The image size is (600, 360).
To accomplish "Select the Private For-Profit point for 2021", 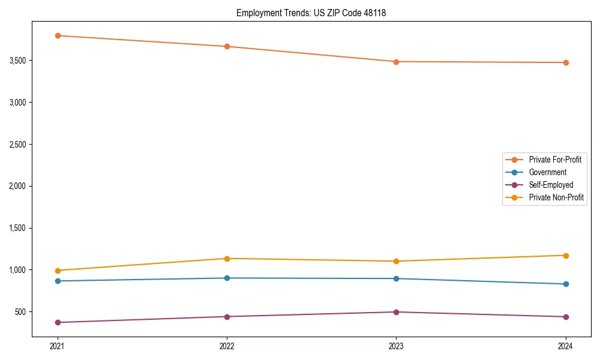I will pos(58,35).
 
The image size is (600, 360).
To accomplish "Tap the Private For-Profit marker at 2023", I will pos(396,62).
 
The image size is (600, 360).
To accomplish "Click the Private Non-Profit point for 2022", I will pos(227,259).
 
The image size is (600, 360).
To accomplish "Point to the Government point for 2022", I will pos(227,278).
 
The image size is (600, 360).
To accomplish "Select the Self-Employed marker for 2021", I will pos(58,322).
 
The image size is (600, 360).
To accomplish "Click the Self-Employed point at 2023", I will pos(396,312).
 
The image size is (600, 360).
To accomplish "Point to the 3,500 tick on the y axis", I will pos(17,61).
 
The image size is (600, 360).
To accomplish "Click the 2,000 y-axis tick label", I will pos(17,186).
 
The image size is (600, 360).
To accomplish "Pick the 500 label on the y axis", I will pos(20,312).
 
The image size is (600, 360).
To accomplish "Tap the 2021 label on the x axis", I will pos(58,346).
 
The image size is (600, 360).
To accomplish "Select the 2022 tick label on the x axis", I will pos(227,346).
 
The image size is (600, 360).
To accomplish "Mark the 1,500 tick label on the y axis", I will pos(17,228).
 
